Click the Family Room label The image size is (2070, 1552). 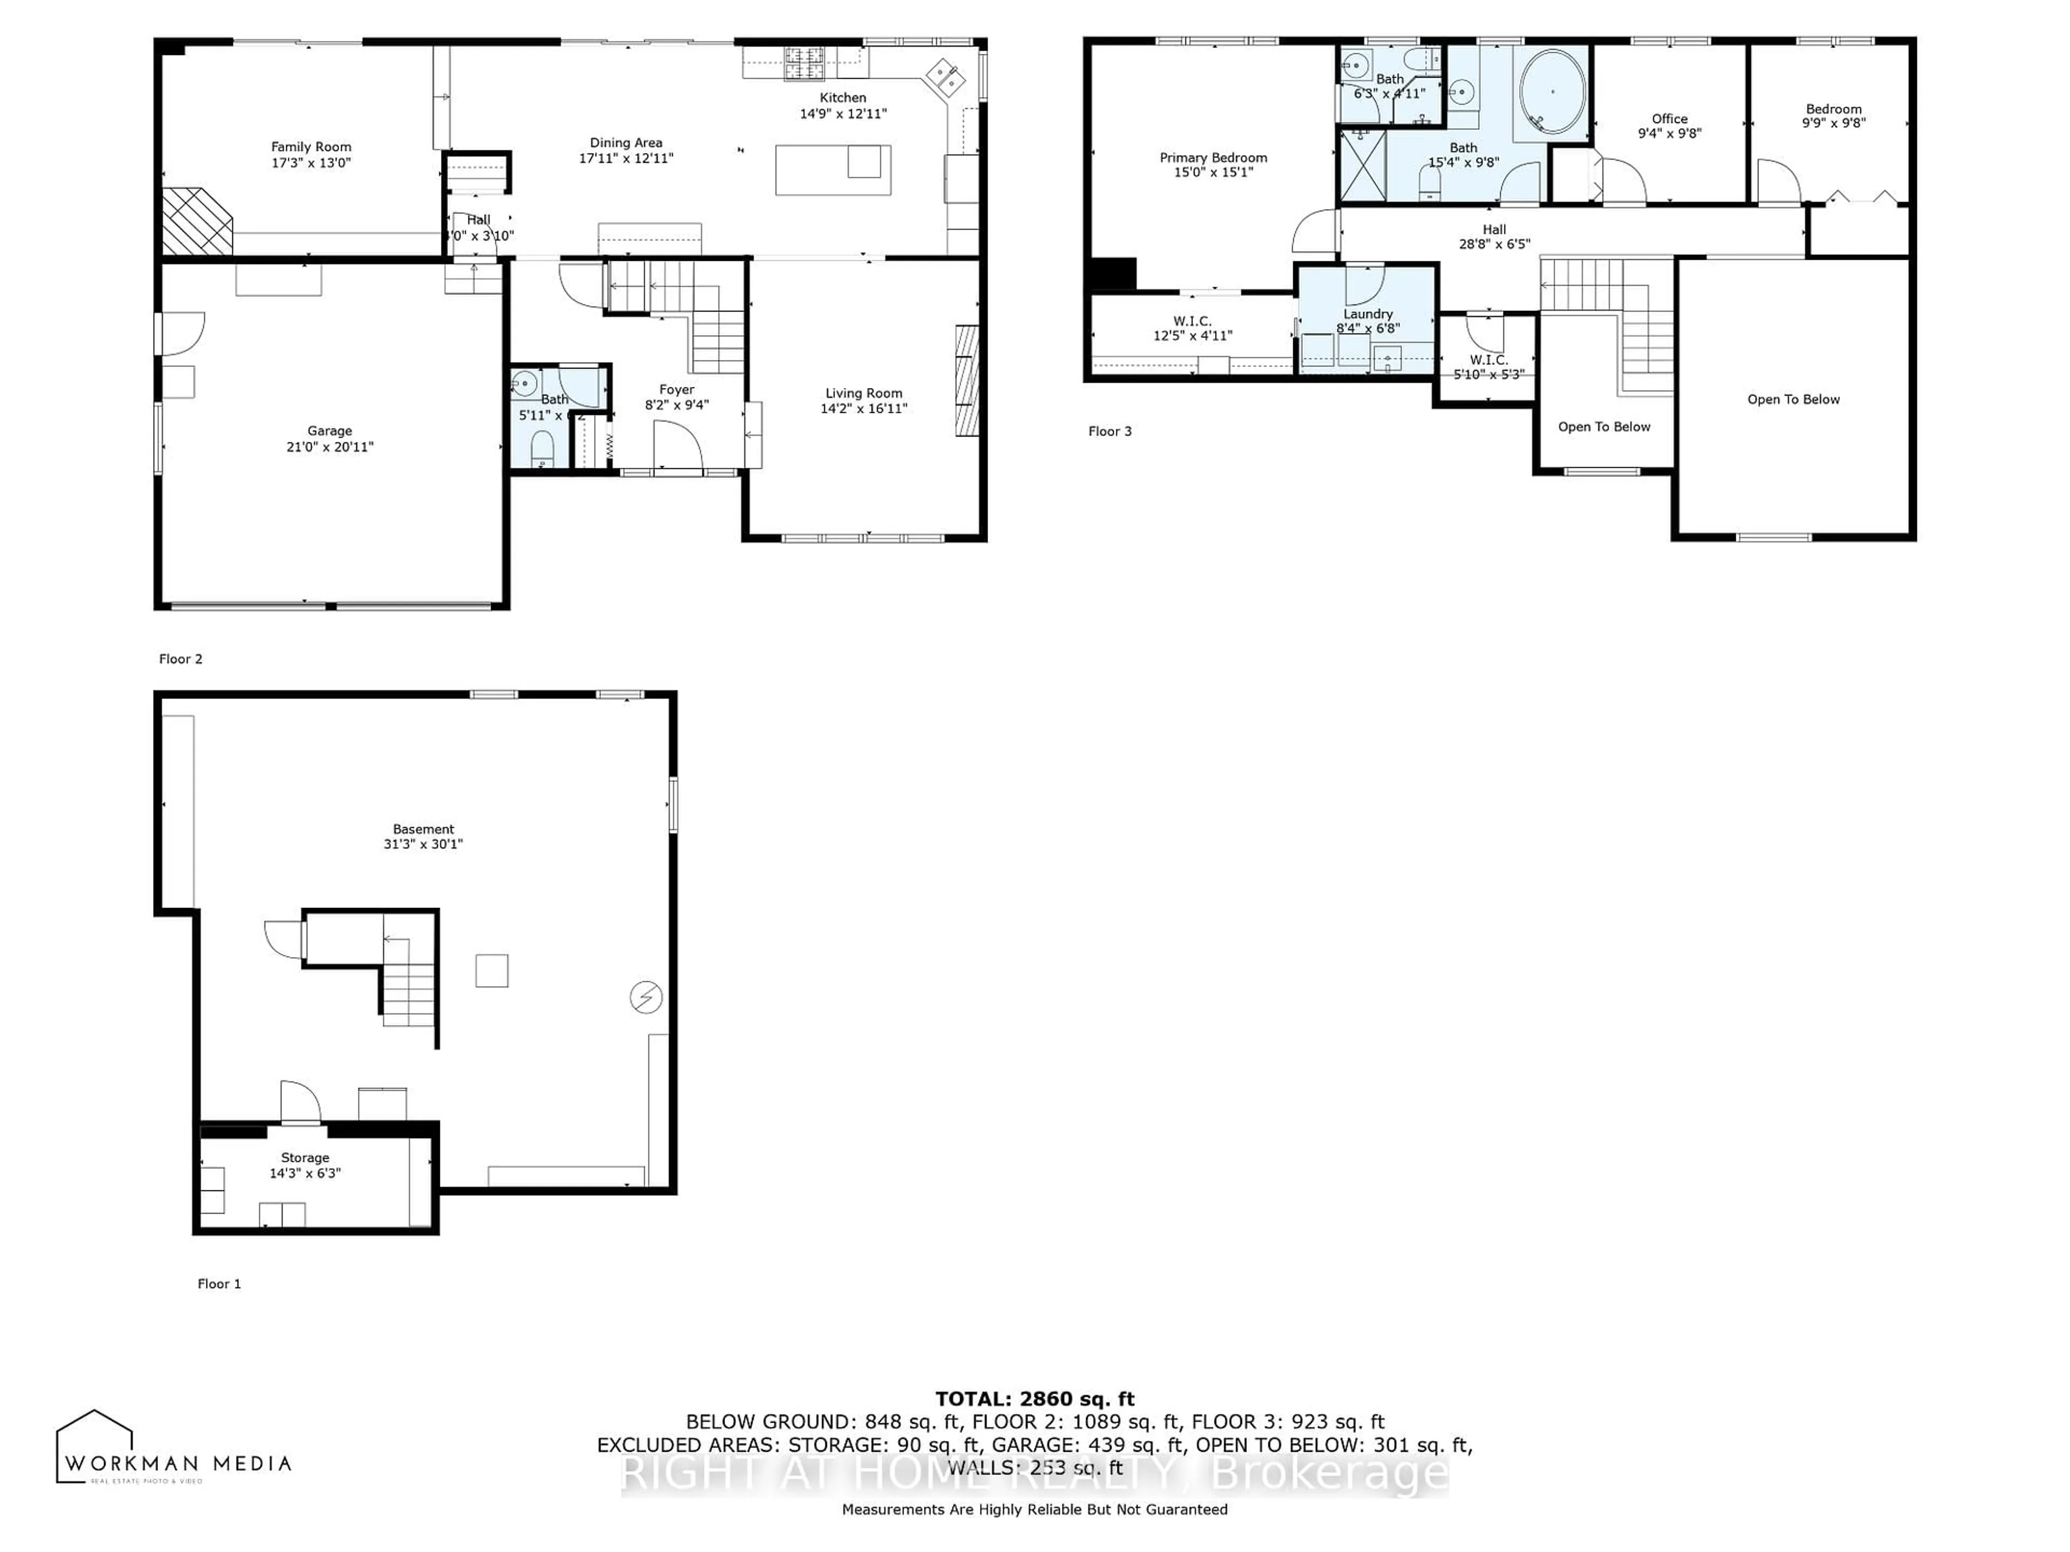310,147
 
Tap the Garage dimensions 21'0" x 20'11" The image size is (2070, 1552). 329,447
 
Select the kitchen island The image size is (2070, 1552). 832,170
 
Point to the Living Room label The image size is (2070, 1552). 863,393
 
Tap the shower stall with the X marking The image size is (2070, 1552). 1363,165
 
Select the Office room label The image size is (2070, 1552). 1669,119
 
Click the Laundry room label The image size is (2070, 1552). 1367,314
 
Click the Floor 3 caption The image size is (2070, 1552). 1110,431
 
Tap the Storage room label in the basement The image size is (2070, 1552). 305,1157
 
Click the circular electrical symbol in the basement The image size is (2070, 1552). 646,997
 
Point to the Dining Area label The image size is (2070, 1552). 625,143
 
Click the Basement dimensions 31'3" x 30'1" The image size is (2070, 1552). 423,844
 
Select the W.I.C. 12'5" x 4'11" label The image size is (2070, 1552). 1192,328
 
